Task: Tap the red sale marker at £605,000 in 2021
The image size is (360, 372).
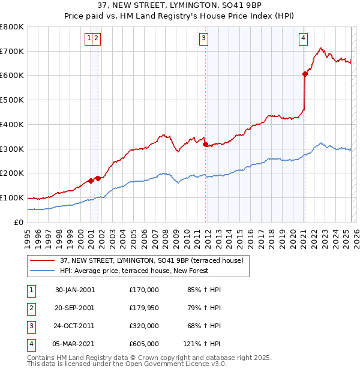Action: click(305, 74)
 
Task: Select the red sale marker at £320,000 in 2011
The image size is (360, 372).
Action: click(205, 144)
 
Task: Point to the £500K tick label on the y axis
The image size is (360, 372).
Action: click(12, 100)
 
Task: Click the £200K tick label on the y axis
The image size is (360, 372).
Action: click(12, 173)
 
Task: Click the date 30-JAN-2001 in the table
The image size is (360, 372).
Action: click(75, 290)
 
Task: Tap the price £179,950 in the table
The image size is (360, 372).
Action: click(144, 308)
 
